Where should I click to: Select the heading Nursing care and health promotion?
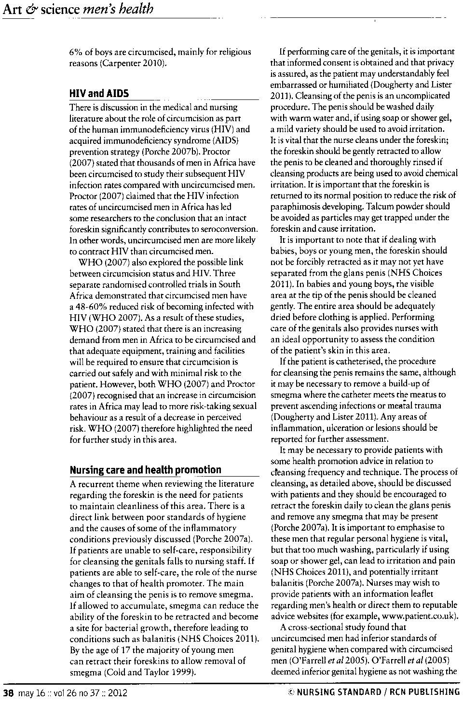[x=145, y=470]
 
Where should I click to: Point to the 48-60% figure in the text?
[x=95, y=306]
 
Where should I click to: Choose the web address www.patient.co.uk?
[x=419, y=616]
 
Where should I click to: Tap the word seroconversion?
[x=231, y=229]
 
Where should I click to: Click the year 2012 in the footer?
[x=117, y=693]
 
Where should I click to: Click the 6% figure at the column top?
[x=76, y=52]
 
